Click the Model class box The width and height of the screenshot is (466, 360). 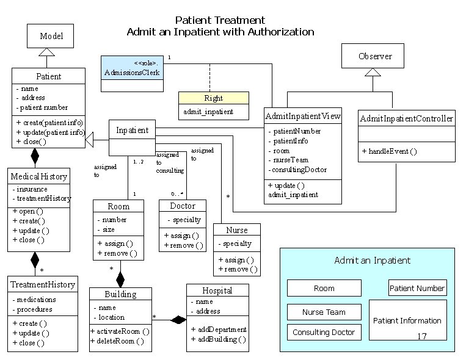point(51,37)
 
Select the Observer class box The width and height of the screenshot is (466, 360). point(375,56)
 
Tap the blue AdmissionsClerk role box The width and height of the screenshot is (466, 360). point(133,73)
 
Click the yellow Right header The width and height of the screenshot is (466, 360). point(213,98)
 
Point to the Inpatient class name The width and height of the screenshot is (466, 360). point(132,130)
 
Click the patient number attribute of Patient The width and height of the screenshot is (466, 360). point(42,107)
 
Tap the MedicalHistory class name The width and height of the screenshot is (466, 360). point(39,176)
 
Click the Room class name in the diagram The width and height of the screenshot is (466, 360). point(118,207)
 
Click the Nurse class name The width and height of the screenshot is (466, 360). point(236,230)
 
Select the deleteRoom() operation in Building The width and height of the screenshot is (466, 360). point(120,341)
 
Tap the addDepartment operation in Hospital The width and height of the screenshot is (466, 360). point(218,329)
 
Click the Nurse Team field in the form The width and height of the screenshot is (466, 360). point(324,312)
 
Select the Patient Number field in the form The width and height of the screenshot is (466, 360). point(417,288)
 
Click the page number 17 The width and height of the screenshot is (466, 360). point(422,337)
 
